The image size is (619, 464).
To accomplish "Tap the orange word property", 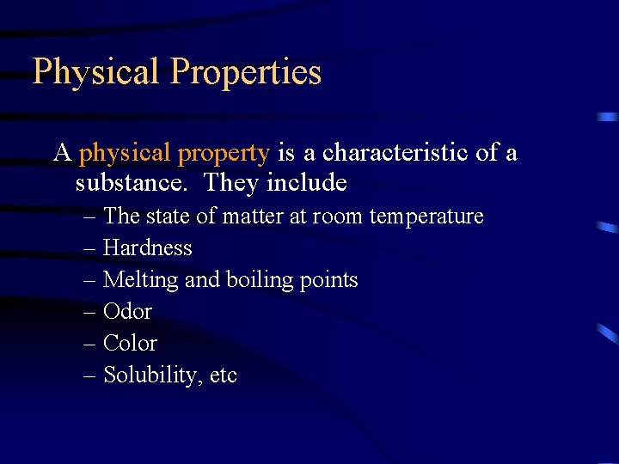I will coord(224,154).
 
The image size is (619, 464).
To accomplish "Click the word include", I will coord(307,183).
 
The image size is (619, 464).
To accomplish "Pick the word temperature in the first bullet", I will coord(426,217).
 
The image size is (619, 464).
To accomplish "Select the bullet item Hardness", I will coord(147,248).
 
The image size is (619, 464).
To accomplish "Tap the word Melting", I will coord(140,280).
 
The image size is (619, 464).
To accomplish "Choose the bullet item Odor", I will coord(127,311).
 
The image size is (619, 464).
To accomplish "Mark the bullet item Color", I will coord(130,343).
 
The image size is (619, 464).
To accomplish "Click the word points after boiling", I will coord(328,281).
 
